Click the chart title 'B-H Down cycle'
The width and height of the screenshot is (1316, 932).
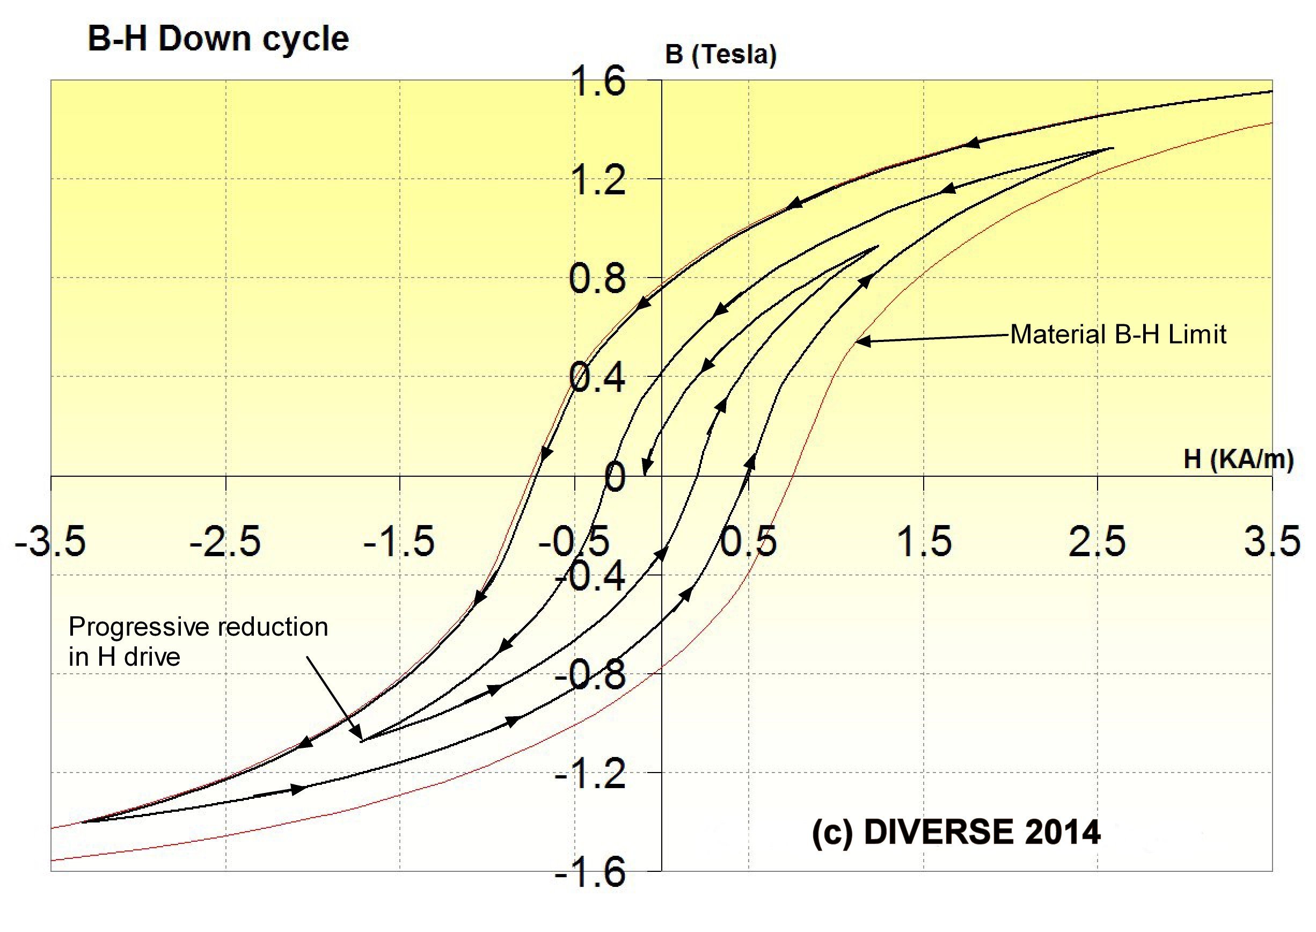(218, 39)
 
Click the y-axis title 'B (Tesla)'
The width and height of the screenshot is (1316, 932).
(721, 55)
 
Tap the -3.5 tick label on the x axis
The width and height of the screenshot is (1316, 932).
(50, 541)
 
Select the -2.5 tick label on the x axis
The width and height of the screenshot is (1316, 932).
(225, 541)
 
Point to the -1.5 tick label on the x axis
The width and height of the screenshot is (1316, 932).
(399, 541)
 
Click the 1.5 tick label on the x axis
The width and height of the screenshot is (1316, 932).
(924, 541)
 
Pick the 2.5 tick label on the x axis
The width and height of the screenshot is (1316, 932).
(1097, 541)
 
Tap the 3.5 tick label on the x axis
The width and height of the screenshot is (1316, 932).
(1273, 541)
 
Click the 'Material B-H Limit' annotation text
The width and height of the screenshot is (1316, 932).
(1118, 334)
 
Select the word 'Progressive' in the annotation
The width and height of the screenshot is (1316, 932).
(136, 627)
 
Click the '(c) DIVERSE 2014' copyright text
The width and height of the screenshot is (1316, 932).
(956, 833)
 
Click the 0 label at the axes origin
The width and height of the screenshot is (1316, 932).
(615, 477)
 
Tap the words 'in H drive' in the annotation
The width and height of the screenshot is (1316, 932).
(125, 657)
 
